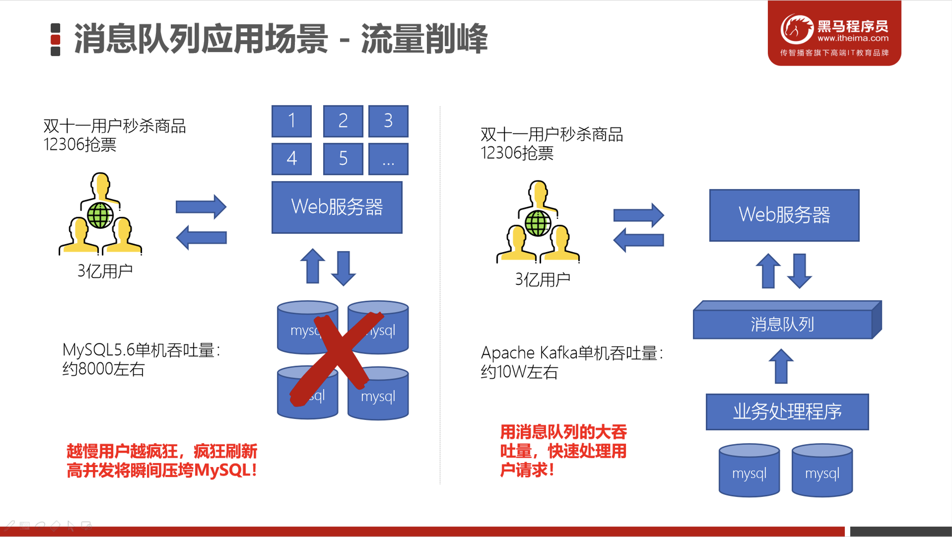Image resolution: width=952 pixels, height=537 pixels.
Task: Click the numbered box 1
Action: tap(291, 121)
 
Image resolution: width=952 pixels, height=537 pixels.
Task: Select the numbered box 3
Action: tap(388, 121)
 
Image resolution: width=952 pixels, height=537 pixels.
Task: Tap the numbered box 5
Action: tap(343, 159)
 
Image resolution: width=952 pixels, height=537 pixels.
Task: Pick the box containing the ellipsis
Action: tap(388, 159)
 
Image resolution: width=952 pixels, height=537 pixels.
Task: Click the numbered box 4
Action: tap(291, 159)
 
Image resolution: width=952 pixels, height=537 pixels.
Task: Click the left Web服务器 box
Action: tap(337, 207)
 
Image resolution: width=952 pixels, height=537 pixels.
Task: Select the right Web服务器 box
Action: tap(784, 215)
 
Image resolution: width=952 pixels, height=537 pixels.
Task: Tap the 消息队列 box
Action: tap(782, 324)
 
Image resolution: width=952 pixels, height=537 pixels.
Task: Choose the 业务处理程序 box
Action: tap(787, 412)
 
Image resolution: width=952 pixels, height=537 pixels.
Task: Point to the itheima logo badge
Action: tap(834, 33)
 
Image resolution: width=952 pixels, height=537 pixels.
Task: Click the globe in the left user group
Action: tap(100, 215)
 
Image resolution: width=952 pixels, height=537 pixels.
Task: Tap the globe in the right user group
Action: tap(538, 223)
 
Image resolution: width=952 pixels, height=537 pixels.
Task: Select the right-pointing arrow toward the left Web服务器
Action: tap(201, 206)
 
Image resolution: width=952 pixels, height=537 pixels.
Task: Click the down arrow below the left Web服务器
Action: tap(343, 268)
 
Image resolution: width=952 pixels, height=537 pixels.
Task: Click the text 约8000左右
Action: tap(103, 369)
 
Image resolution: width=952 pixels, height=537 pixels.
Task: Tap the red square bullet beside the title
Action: tap(55, 40)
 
